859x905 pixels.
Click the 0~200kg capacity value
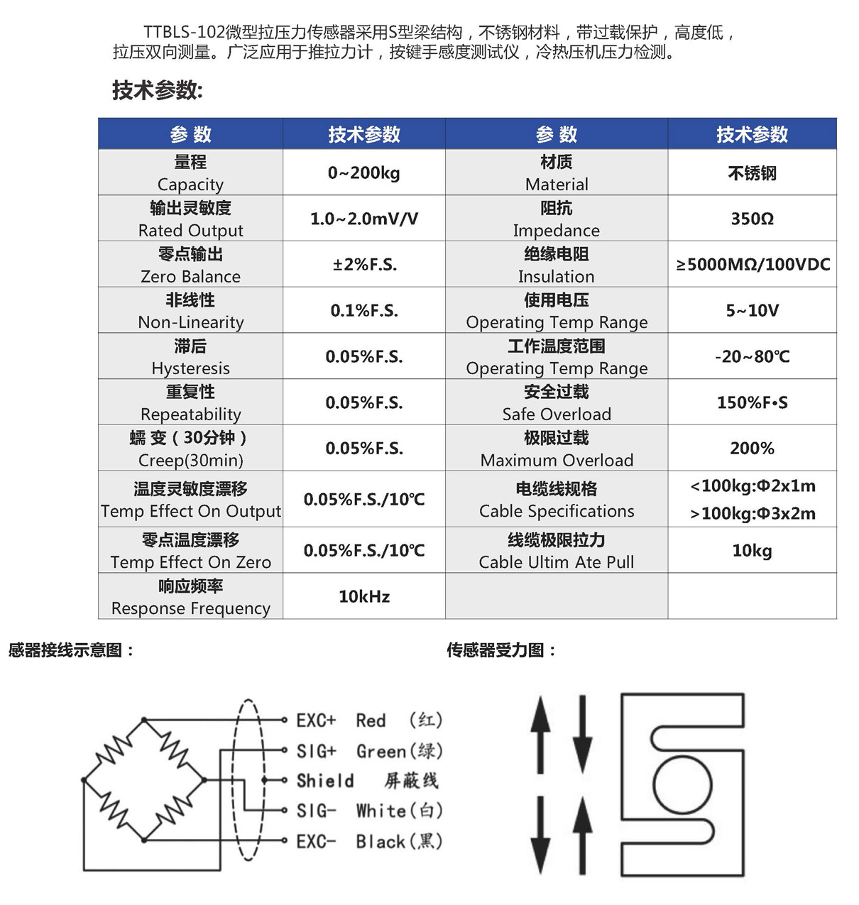point(363,173)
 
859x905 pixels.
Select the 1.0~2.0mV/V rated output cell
point(363,219)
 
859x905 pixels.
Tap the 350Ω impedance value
point(752,219)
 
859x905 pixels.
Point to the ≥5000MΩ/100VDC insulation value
point(753,265)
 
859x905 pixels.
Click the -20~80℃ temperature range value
point(752,356)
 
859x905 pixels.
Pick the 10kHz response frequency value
point(363,597)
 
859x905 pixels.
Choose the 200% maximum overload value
point(752,449)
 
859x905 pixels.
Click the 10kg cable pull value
point(752,551)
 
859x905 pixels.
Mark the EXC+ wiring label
point(316,720)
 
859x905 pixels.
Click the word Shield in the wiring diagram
point(325,781)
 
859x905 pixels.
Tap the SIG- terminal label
point(316,811)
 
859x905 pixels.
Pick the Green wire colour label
point(381,751)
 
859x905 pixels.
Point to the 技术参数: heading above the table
point(158,91)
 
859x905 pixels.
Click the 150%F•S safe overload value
point(752,402)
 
